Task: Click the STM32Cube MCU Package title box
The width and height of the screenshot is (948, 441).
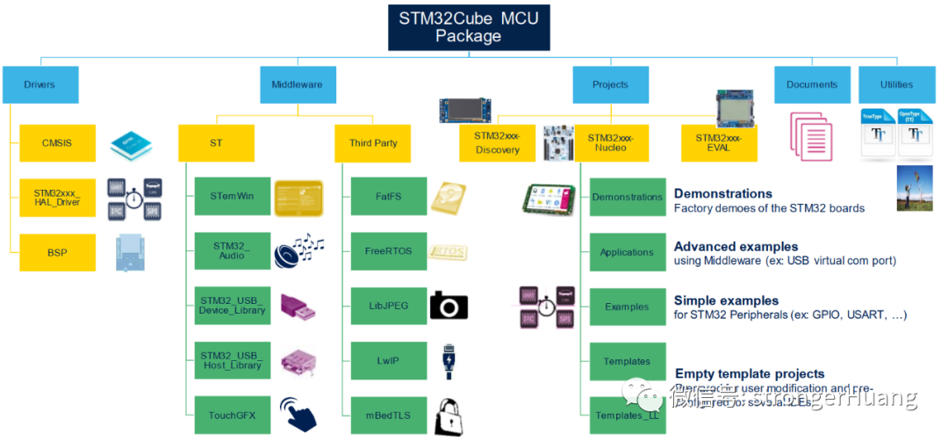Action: pyautogui.click(x=469, y=27)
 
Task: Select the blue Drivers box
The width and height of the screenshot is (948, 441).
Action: pyautogui.click(x=40, y=85)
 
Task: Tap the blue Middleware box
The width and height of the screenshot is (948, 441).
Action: pyautogui.click(x=297, y=85)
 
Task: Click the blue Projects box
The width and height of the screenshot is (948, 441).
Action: pyautogui.click(x=610, y=85)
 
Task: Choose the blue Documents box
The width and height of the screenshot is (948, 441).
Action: pyautogui.click(x=812, y=85)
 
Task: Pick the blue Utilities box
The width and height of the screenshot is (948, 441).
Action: pyautogui.click(x=896, y=85)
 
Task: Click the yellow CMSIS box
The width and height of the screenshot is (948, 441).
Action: pyautogui.click(x=57, y=143)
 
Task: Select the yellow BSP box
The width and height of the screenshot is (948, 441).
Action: pyautogui.click(x=57, y=252)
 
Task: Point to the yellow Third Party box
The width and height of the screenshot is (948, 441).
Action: pyautogui.click(x=373, y=143)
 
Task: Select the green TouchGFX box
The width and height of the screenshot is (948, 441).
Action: pyautogui.click(x=232, y=415)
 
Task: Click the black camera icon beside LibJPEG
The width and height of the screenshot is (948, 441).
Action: pyautogui.click(x=449, y=306)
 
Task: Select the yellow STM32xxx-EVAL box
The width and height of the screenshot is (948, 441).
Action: pyautogui.click(x=719, y=143)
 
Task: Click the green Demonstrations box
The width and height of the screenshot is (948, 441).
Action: pyautogui.click(x=627, y=198)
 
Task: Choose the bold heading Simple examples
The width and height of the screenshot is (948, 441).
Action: pyautogui.click(x=726, y=300)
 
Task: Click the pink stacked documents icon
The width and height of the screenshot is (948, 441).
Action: pyautogui.click(x=810, y=136)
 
